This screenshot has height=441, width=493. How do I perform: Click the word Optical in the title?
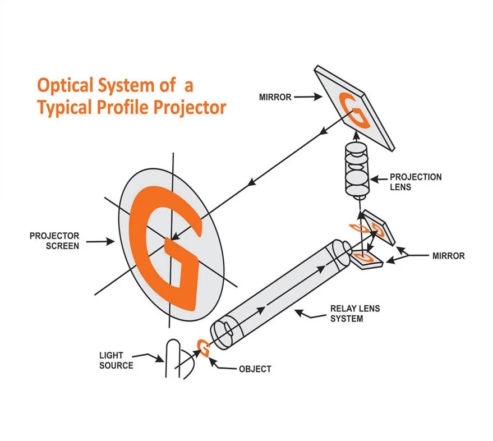pos(63,86)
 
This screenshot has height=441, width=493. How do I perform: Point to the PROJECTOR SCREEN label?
pos(54,241)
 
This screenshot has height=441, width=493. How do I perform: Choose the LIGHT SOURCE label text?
pos(116,360)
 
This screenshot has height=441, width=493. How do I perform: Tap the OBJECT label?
pos(255,369)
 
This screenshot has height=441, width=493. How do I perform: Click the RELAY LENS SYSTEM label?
pos(351,314)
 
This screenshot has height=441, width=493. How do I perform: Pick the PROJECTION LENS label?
pos(415,182)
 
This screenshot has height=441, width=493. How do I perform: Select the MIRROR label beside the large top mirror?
pos(275,97)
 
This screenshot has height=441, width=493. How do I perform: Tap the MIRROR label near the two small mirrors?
pos(448,256)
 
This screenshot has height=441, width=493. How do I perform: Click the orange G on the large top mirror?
pos(353,111)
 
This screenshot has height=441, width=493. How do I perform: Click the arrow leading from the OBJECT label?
pos(224,365)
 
